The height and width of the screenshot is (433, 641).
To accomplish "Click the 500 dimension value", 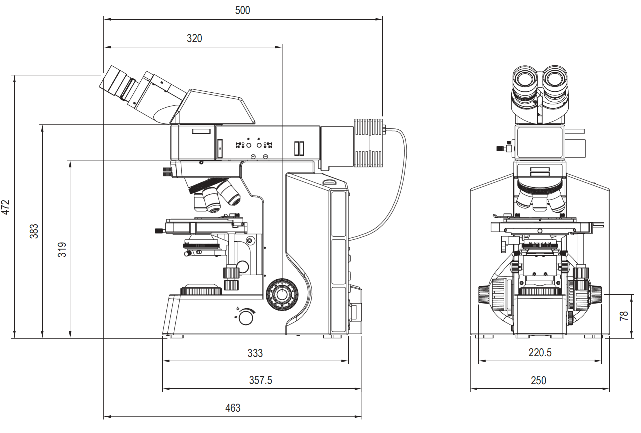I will click(242, 10).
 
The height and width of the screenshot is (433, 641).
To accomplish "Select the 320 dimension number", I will click(194, 38).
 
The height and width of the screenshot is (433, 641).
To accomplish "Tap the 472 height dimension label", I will click(6, 207).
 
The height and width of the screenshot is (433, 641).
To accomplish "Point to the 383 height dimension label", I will click(34, 231).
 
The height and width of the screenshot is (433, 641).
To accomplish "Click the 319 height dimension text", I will click(62, 250).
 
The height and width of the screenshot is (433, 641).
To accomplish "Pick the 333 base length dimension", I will click(255, 353).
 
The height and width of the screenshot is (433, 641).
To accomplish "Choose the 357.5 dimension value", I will click(260, 380).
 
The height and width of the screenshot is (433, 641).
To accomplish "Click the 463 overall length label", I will click(233, 408).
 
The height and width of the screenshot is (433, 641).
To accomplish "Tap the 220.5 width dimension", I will click(540, 353).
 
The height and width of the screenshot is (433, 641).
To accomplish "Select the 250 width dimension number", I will click(538, 381).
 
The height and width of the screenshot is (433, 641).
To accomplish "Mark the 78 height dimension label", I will click(624, 316).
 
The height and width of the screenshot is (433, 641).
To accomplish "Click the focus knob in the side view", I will click(282, 295).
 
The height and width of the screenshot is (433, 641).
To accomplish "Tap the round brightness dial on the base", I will click(246, 317).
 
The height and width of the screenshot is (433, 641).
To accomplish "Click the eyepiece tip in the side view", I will click(109, 81).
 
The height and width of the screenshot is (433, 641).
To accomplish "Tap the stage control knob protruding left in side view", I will click(159, 231).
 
